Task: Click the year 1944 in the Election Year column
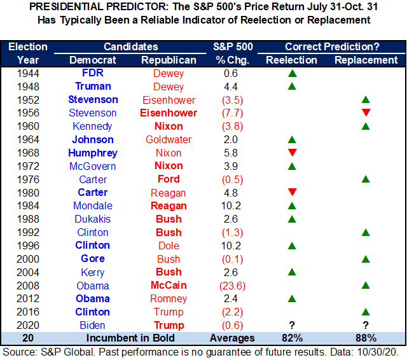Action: [29, 73]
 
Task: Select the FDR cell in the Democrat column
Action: [93, 73]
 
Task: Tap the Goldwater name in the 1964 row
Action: [169, 139]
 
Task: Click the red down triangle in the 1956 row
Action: [365, 113]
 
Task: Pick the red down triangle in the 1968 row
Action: [292, 153]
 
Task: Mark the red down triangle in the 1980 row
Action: [292, 193]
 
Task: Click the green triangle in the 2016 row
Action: [365, 312]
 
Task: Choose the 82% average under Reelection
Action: [292, 338]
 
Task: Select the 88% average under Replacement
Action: [365, 338]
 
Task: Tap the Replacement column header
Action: [365, 60]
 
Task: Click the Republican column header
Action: [169, 60]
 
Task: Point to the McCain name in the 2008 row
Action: [169, 286]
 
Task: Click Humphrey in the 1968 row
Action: [93, 153]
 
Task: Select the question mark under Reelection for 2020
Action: [292, 325]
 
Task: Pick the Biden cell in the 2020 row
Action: [93, 325]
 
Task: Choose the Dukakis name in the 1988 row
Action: [93, 219]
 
